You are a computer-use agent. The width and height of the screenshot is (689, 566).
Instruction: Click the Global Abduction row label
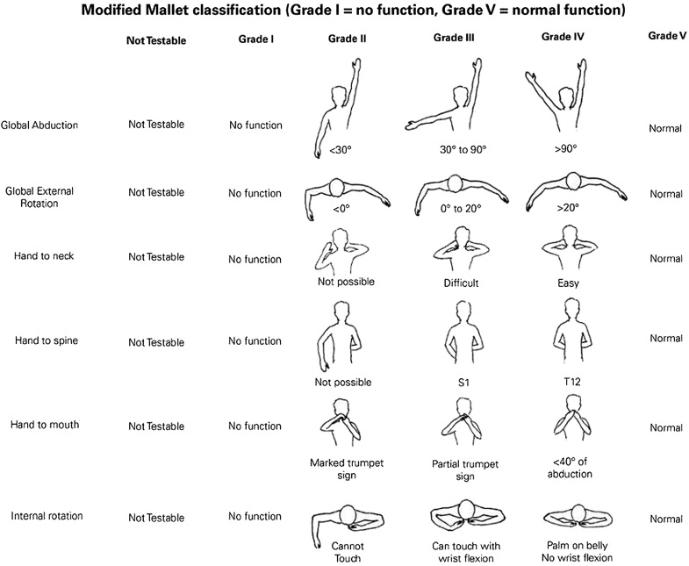point(40,125)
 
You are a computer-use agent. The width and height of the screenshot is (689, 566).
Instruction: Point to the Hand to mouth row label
point(46,425)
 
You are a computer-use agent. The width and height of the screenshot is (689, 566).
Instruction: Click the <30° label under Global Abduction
point(341,150)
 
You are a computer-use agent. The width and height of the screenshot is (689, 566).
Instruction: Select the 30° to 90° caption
point(454,150)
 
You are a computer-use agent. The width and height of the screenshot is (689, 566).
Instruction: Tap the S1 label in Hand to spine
point(454,383)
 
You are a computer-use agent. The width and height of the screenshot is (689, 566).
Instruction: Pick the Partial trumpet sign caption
point(454,469)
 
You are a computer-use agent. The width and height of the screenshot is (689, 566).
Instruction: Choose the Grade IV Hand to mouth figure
point(567,421)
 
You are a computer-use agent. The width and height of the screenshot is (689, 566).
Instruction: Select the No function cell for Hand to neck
point(255,259)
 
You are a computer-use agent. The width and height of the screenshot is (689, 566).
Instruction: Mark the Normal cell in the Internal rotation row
point(666,519)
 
